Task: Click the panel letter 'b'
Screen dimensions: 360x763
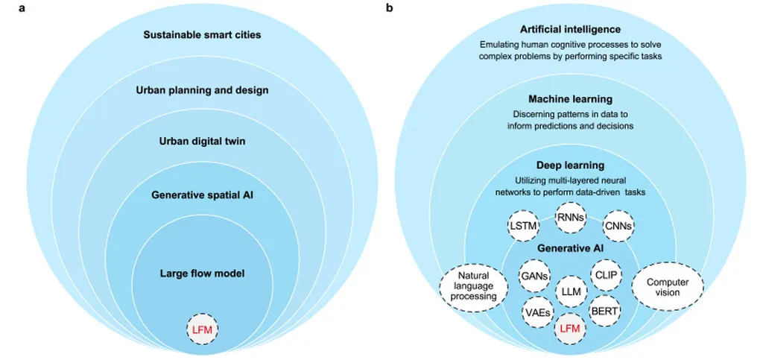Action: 388,8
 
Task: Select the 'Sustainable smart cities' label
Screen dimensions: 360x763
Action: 202,35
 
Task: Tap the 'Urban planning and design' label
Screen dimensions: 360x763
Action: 202,90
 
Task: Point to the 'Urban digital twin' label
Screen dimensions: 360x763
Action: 202,140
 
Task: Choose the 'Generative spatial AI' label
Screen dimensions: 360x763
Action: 202,196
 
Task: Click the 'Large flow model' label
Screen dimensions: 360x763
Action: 202,274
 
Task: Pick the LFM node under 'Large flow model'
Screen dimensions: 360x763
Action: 202,328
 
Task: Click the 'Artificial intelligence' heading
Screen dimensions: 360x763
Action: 570,30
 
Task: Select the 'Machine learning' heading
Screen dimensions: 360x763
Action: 570,99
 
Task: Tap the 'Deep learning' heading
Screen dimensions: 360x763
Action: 570,165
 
